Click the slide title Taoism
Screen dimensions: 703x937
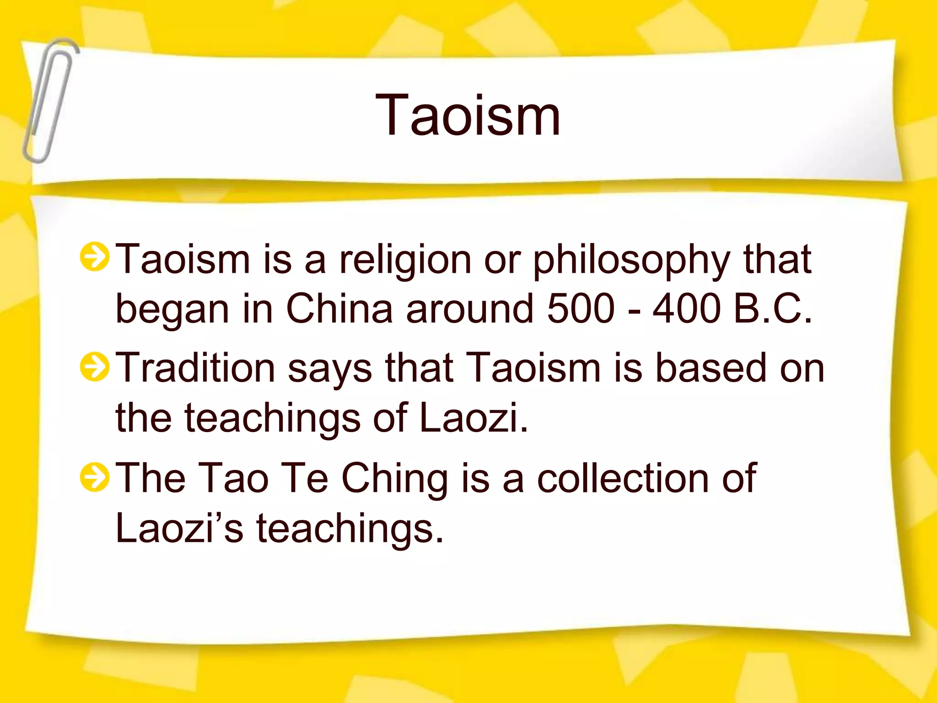coord(468,115)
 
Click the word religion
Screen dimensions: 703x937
coord(405,260)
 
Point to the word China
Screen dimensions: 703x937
coord(339,308)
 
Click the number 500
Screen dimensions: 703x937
coord(581,308)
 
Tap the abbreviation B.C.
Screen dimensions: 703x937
coord(773,308)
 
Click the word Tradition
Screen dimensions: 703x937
coord(195,368)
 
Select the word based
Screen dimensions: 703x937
coord(711,368)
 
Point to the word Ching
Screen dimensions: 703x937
coord(394,479)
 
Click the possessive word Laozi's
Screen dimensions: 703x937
coord(179,528)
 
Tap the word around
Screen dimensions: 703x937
coord(470,308)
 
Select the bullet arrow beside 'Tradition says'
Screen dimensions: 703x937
coord(94,367)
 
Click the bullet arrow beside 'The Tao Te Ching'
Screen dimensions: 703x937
coord(94,476)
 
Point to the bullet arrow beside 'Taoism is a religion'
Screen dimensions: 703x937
coord(94,257)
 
